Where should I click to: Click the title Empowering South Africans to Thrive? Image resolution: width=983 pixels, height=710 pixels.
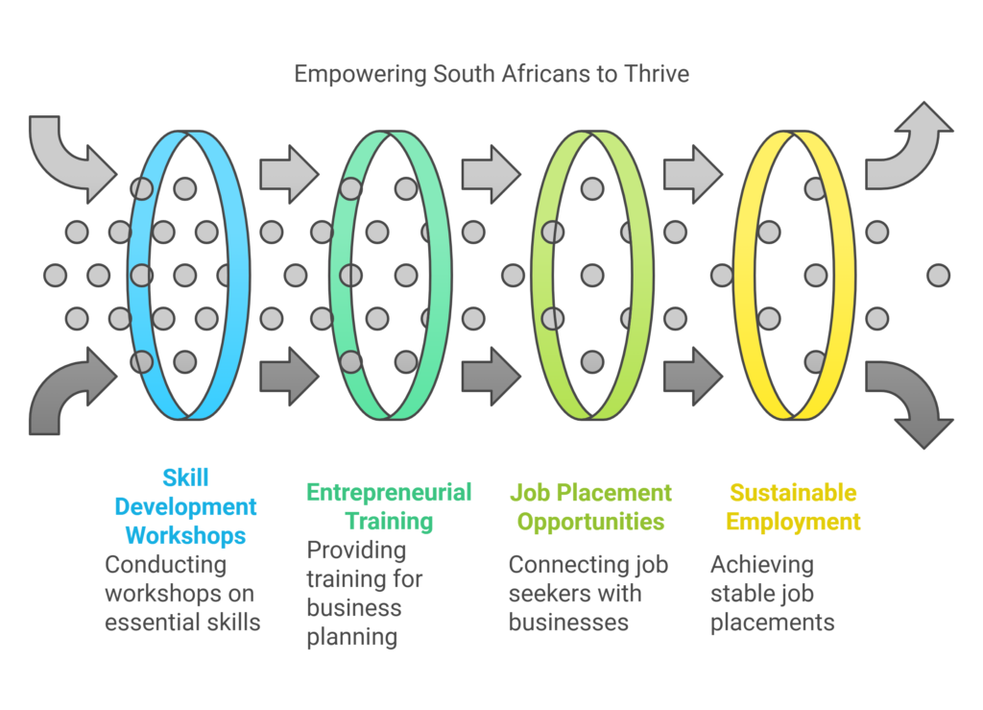point(491,74)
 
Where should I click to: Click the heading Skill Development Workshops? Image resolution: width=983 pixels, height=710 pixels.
point(185,506)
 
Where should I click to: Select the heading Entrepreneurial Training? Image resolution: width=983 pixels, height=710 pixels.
point(389,507)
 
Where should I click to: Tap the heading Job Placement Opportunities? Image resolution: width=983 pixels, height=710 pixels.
point(590,507)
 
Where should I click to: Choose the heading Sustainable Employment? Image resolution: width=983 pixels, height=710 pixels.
point(793,507)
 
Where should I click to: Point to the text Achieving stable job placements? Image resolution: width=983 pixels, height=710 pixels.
point(772,593)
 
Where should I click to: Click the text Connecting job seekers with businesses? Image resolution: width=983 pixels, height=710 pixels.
point(587,593)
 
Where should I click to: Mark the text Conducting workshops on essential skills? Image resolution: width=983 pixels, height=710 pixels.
point(182,593)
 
